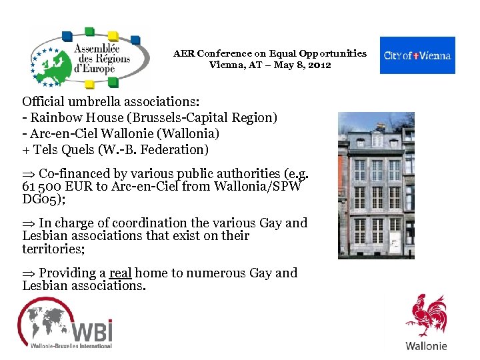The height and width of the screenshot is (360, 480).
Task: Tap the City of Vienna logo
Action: [417, 55]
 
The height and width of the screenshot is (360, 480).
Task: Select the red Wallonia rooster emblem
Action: [427, 317]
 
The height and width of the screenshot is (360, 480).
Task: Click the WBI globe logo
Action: [65, 321]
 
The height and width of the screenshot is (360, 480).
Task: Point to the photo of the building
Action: [376, 185]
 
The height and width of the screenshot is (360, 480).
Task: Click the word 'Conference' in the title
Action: [225, 53]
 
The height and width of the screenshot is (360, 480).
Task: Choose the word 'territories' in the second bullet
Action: [49, 248]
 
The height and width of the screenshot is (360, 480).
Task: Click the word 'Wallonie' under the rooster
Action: [426, 345]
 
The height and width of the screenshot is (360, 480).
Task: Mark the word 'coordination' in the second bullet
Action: [149, 223]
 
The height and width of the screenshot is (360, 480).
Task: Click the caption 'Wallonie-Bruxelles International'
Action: [71, 346]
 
